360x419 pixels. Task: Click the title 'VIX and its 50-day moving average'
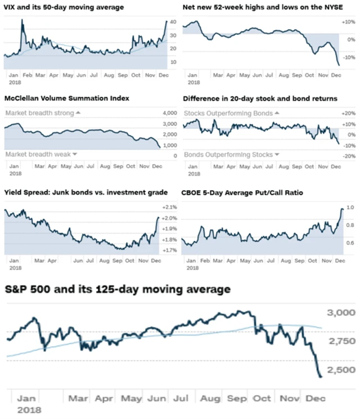click(64, 7)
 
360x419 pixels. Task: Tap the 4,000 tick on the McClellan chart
click(169, 113)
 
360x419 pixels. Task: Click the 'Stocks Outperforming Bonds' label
click(232, 113)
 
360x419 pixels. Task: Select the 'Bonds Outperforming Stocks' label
click(232, 154)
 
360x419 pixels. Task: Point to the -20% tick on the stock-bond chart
click(348, 156)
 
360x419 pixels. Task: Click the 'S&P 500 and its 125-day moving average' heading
click(118, 289)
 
